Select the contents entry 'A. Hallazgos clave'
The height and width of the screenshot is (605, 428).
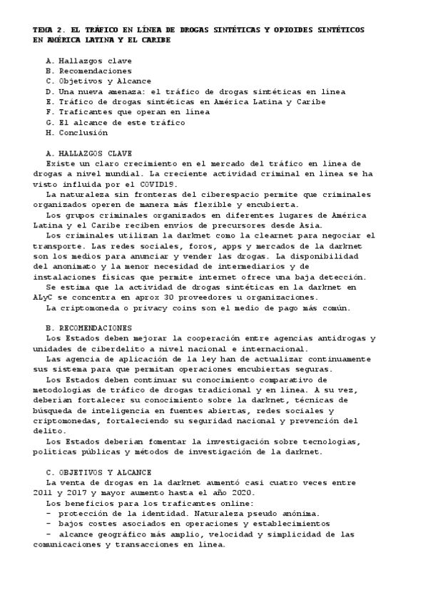(88, 61)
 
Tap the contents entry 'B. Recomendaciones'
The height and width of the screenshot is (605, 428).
(88, 71)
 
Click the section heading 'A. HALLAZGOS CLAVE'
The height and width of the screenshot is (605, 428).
(88, 153)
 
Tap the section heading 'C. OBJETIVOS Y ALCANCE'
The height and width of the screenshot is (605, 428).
(98, 472)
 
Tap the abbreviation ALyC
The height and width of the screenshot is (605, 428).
(44, 297)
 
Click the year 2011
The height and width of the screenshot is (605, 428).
(44, 492)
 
